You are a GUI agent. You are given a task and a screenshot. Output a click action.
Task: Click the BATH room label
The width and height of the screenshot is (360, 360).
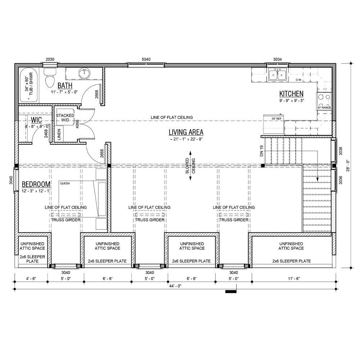[65, 85]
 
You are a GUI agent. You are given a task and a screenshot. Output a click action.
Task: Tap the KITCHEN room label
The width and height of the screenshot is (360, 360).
[291, 94]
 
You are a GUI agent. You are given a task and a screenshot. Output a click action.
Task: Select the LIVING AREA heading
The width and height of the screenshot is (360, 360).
[186, 132]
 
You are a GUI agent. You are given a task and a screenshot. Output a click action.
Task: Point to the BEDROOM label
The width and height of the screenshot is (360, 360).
[36, 184]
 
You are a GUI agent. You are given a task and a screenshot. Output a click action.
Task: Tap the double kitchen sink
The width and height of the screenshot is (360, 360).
[277, 75]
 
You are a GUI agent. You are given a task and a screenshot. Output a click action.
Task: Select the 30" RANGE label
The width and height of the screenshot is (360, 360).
[324, 108]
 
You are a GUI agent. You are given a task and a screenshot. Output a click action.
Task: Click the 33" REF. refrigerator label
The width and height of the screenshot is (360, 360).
[271, 118]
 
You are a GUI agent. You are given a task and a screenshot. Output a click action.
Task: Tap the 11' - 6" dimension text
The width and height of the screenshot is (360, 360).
[294, 279]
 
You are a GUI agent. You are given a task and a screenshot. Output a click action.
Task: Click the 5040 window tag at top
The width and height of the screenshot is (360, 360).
[146, 59]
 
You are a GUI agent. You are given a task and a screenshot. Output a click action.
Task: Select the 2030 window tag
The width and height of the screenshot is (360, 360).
[50, 59]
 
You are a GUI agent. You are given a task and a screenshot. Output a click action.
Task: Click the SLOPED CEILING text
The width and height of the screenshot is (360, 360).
[190, 166]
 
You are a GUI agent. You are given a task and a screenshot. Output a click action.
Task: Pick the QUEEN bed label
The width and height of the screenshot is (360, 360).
[65, 183]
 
